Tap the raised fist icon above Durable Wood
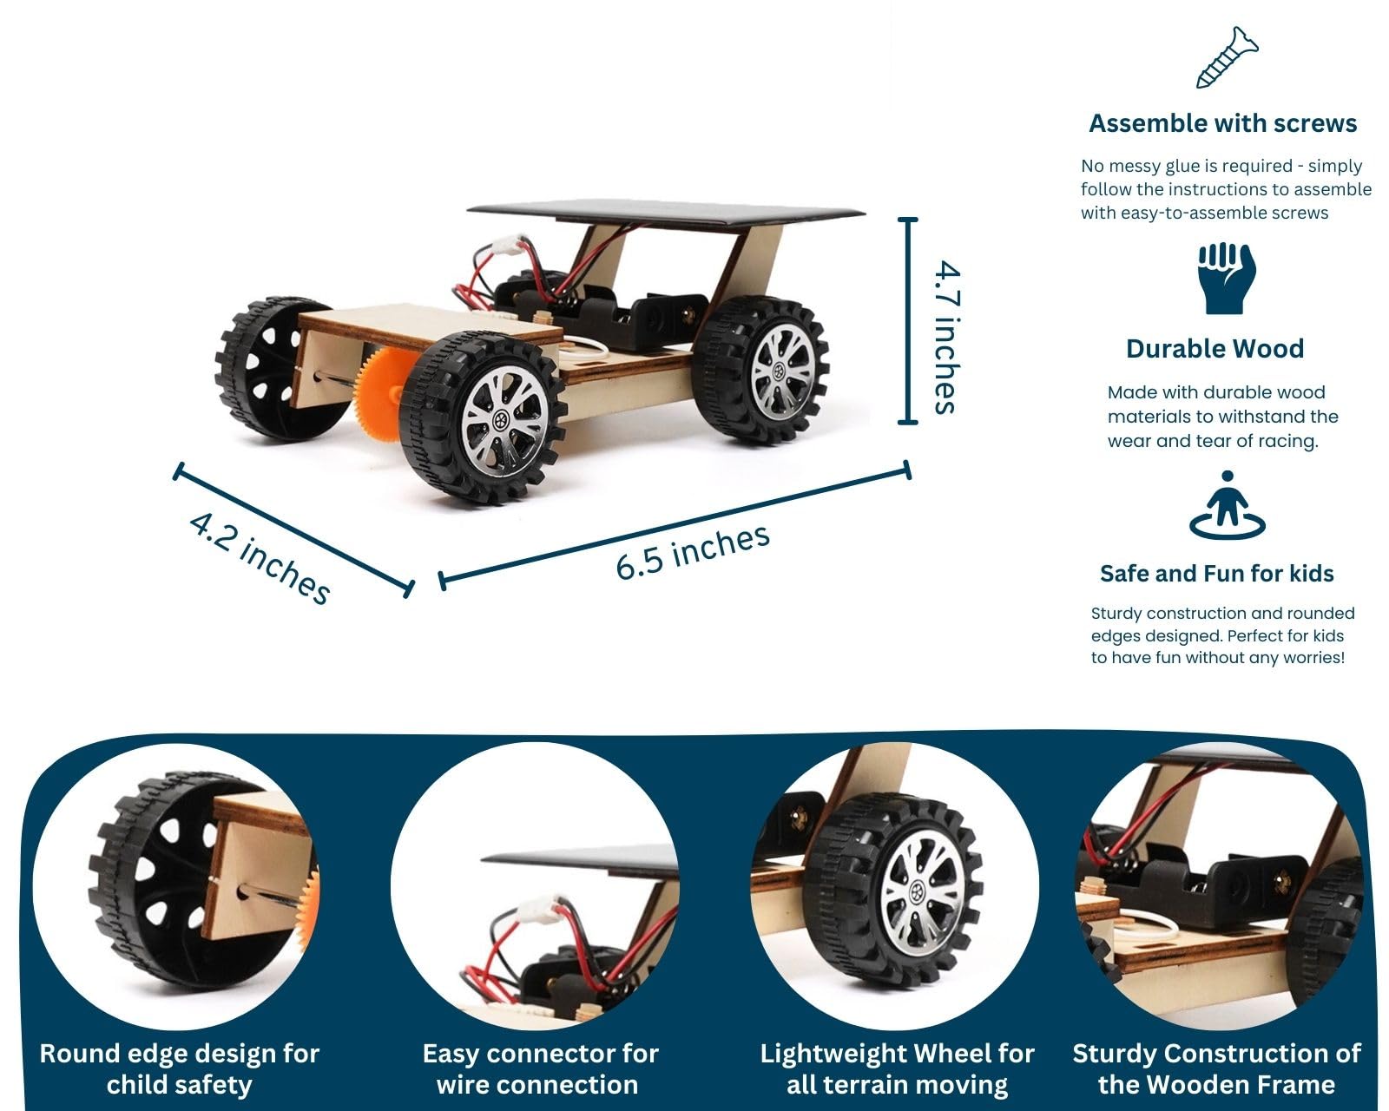click(x=1227, y=279)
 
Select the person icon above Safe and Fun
click(x=1227, y=505)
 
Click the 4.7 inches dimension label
click(x=947, y=337)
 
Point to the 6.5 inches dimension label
click(x=693, y=552)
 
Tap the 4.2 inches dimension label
click(x=260, y=558)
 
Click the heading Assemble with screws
click(x=1222, y=123)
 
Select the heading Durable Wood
click(x=1215, y=349)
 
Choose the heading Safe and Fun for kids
click(x=1216, y=573)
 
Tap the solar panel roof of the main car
click(x=665, y=211)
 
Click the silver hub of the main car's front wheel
click(x=504, y=422)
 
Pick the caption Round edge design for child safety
click(x=180, y=1069)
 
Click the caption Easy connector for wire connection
click(x=540, y=1069)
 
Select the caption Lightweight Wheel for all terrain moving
click(x=897, y=1069)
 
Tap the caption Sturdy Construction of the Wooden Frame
click(x=1216, y=1069)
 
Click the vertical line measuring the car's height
click(x=907, y=321)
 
